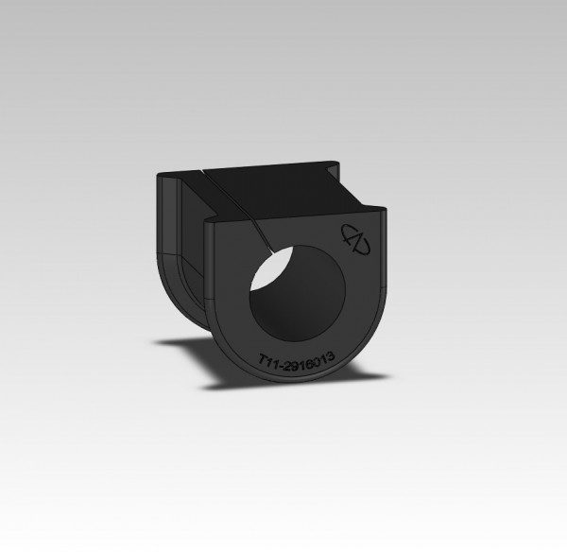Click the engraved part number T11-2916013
click(296, 360)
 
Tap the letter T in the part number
click(263, 360)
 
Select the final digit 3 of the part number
click(329, 355)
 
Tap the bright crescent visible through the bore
click(268, 268)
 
